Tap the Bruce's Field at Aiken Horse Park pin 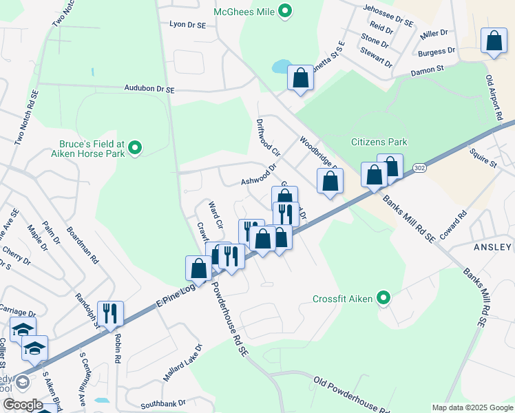[x=136, y=147]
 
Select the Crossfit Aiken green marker [x=384, y=298]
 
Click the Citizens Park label [x=379, y=142]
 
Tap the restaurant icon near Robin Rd [x=110, y=313]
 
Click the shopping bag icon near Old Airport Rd [x=494, y=41]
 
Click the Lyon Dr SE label [x=187, y=24]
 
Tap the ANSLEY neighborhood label [x=493, y=246]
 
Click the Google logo [x=23, y=405]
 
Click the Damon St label [x=428, y=70]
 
